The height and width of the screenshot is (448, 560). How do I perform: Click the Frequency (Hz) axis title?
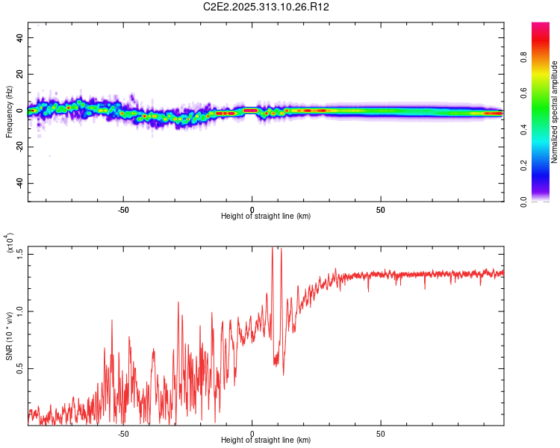9,111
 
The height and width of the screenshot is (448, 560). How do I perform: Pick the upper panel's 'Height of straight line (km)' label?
266,216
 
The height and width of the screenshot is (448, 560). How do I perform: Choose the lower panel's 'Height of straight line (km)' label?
266,440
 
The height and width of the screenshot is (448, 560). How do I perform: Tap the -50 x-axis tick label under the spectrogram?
124,209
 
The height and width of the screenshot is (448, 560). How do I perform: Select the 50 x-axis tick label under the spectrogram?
381,209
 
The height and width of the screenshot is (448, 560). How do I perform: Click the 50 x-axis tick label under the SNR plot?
381,433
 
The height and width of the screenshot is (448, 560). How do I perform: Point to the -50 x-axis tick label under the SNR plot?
124,433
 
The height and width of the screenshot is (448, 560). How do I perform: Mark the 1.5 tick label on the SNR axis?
20,252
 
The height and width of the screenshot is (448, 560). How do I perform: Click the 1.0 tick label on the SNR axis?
20,311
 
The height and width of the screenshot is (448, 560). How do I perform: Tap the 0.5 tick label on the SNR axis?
20,368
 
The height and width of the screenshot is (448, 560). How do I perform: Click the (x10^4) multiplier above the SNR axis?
10,243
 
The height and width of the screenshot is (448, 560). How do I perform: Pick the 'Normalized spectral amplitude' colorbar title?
554,112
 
